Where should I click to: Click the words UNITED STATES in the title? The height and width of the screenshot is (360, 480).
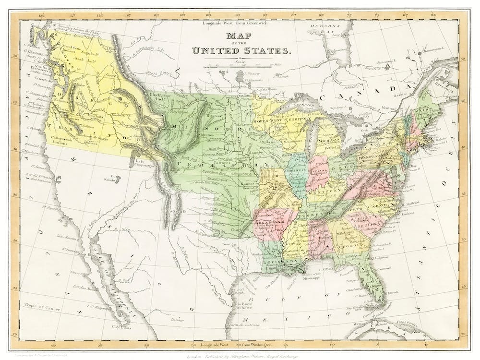point(240,50)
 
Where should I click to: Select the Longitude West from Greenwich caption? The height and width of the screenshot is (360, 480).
point(236,23)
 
